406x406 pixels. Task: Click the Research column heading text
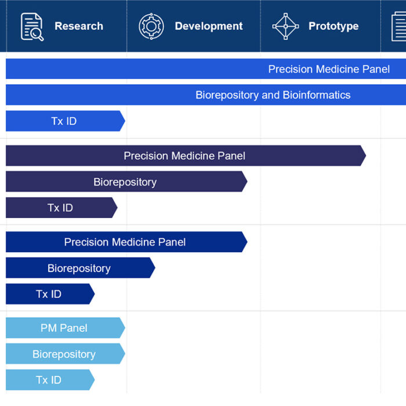click(x=79, y=26)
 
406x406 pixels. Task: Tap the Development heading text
click(x=209, y=26)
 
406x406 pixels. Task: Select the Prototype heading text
click(x=333, y=26)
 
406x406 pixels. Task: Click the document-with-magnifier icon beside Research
click(x=32, y=27)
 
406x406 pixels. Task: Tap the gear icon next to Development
click(x=151, y=27)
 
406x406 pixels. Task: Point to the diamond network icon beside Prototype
click(x=285, y=27)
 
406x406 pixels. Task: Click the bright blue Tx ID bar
click(x=66, y=121)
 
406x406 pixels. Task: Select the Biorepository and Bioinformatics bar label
click(x=273, y=95)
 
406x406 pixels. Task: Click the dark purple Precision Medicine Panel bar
click(x=186, y=155)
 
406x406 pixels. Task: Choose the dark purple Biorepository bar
click(x=126, y=182)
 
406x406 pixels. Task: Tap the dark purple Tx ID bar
click(x=61, y=208)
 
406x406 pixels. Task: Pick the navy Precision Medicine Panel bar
click(x=126, y=242)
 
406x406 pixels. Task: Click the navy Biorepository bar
click(x=81, y=268)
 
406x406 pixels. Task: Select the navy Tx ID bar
click(x=50, y=294)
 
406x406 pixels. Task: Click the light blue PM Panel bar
click(x=66, y=328)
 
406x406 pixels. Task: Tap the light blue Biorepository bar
click(x=66, y=354)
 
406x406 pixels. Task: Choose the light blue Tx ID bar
click(x=50, y=380)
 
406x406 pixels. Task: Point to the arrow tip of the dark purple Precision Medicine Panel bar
click(x=365, y=155)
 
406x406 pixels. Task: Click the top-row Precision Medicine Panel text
click(x=329, y=69)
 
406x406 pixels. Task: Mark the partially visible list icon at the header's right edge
click(x=399, y=27)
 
